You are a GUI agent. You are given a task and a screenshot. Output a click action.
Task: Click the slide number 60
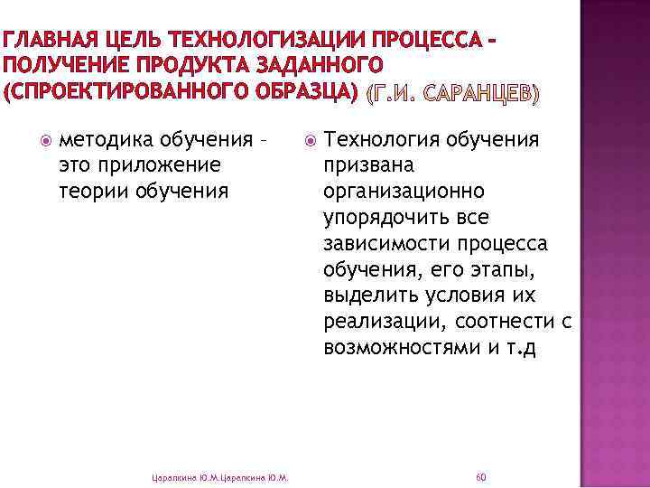pyautogui.click(x=480, y=476)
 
